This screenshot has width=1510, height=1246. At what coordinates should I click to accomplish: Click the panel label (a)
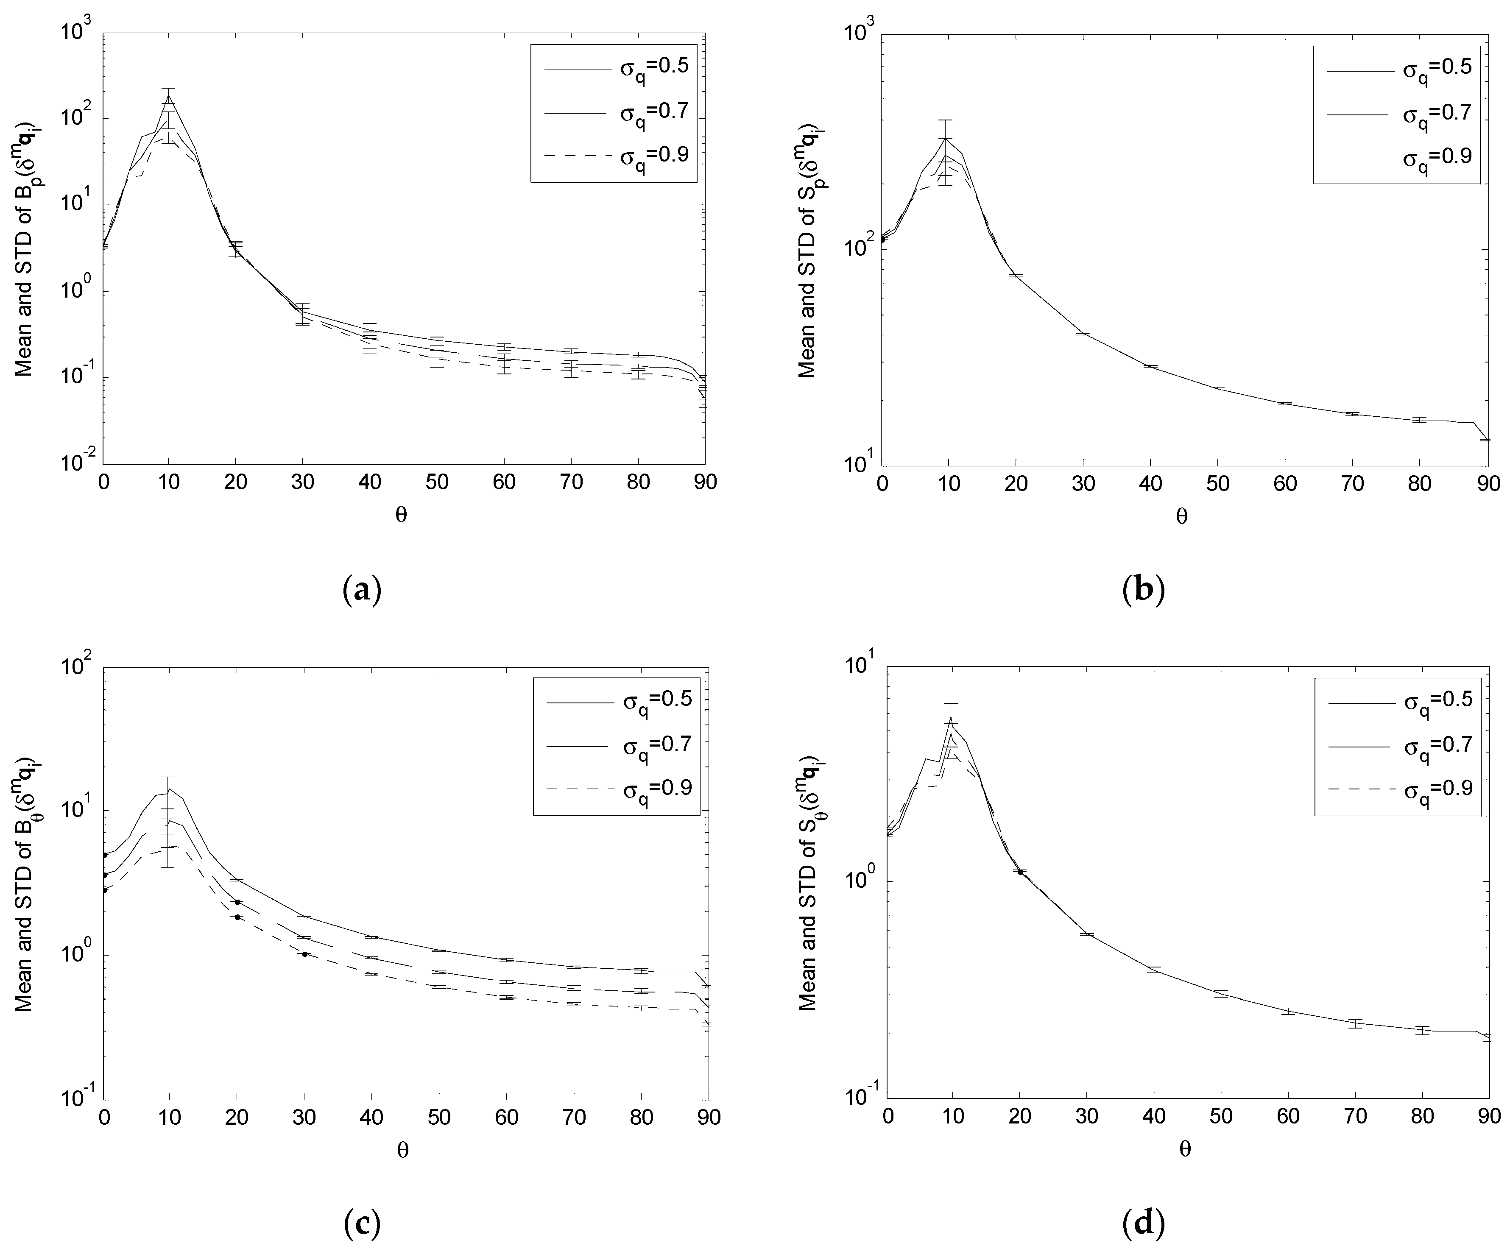[x=363, y=590]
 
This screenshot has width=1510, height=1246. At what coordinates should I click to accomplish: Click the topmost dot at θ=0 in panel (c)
[x=105, y=855]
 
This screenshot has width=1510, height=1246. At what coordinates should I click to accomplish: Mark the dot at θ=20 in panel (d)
[x=1020, y=872]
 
